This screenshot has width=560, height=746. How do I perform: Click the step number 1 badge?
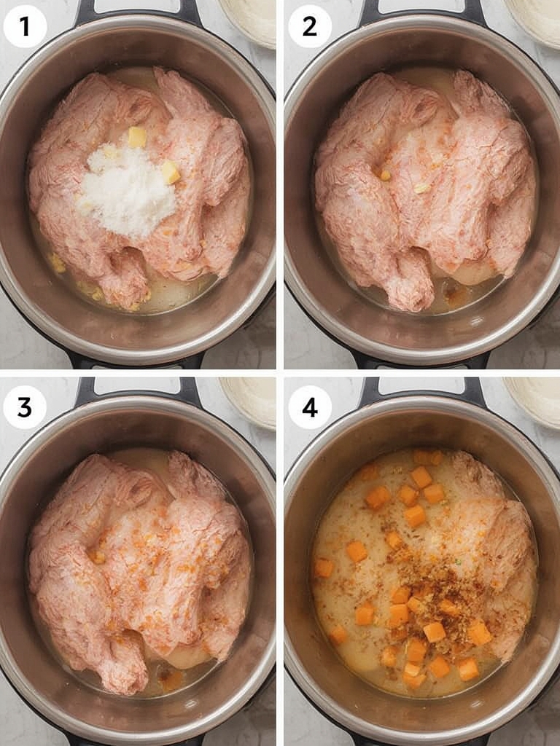point(25,26)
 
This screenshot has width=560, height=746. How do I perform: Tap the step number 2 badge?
point(309,26)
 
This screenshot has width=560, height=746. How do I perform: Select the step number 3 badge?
point(25,407)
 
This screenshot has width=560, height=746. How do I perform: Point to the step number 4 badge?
point(309,407)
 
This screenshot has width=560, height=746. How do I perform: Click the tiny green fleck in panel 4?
point(458,562)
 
